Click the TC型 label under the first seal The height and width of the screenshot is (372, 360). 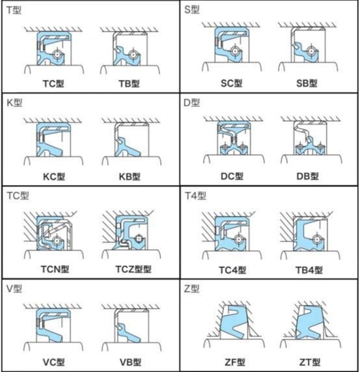(53, 83)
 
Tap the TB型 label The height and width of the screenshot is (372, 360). (129, 83)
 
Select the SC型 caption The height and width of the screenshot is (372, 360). (231, 83)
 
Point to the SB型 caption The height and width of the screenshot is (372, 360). (307, 83)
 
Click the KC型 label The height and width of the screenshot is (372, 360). (54, 176)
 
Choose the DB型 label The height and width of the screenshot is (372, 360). (307, 176)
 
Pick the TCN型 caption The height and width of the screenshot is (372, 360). (55, 269)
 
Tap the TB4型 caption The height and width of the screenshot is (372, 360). (309, 270)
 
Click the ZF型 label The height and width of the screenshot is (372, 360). (235, 362)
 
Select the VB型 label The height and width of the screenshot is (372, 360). (131, 362)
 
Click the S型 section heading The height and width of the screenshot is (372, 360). (192, 10)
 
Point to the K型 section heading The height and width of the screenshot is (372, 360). (14, 103)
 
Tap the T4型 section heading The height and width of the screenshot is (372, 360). (196, 196)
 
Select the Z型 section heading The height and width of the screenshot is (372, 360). (192, 289)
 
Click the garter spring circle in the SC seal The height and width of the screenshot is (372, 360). (235, 51)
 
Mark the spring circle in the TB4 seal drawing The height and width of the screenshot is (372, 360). (316, 239)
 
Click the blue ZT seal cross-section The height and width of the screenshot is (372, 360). (309, 322)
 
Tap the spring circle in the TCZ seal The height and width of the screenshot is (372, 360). (138, 239)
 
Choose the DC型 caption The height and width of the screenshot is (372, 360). (232, 176)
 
